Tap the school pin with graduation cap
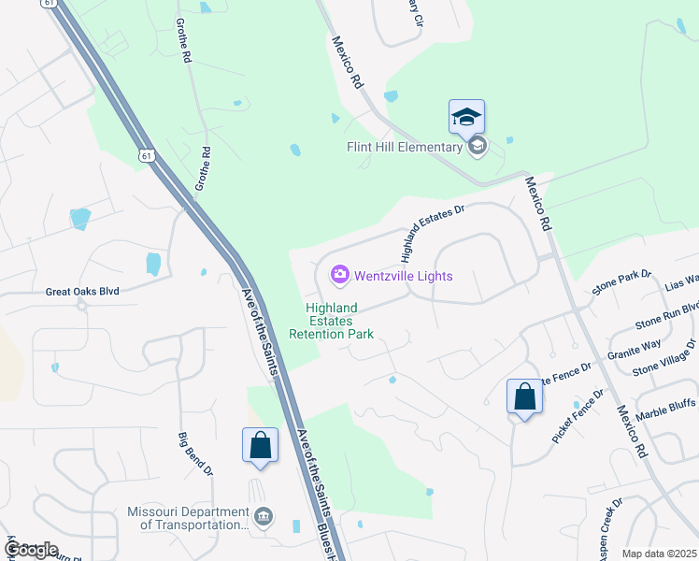click(466, 118)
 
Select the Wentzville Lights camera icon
click(339, 275)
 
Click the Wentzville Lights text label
click(403, 276)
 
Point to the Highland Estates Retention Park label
click(332, 321)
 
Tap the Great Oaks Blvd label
click(83, 292)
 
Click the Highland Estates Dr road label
click(432, 233)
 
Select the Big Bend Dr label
click(196, 453)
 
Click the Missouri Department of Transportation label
click(188, 519)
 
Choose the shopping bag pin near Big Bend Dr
click(260, 446)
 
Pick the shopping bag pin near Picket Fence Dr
click(524, 396)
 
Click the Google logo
click(31, 550)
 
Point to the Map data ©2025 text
click(659, 554)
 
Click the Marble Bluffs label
click(666, 408)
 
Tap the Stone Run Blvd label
click(667, 315)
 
